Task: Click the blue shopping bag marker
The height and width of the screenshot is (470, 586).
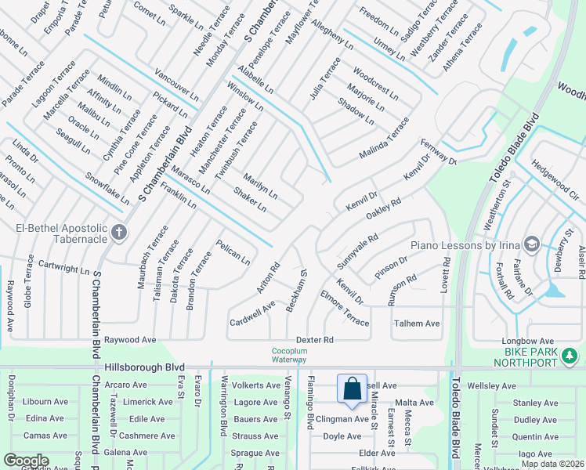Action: coord(352,389)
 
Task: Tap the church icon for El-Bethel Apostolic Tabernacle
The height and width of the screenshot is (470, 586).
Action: coord(119,232)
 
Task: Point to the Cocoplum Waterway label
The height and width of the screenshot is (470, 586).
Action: coord(290,355)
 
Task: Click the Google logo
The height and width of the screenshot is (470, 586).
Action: coord(26,461)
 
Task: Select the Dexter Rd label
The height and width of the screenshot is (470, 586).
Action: coord(315,339)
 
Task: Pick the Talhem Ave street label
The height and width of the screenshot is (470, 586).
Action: coord(416,323)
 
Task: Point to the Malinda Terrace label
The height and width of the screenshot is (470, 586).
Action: coord(384,137)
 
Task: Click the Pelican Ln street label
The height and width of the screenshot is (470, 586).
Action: coord(233,251)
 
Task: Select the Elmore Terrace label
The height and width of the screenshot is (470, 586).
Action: coord(344,309)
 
